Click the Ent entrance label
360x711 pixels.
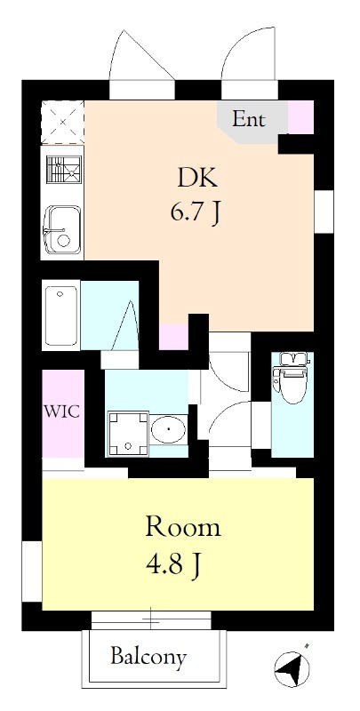click(x=249, y=119)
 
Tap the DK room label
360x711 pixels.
click(x=197, y=179)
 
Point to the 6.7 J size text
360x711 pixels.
click(x=196, y=213)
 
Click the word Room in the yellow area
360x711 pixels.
click(x=183, y=528)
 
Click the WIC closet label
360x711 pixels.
click(x=61, y=412)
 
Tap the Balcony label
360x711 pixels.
click(x=148, y=656)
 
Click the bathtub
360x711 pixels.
click(x=60, y=316)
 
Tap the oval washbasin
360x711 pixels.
click(x=168, y=428)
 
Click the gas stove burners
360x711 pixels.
click(x=64, y=170)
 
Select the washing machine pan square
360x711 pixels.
click(x=128, y=434)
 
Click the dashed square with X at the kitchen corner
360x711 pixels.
click(x=62, y=122)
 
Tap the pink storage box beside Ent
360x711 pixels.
click(x=301, y=117)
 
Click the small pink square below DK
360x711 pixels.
click(x=174, y=337)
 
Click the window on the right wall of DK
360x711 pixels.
click(x=324, y=212)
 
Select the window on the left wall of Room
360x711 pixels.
click(x=32, y=571)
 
